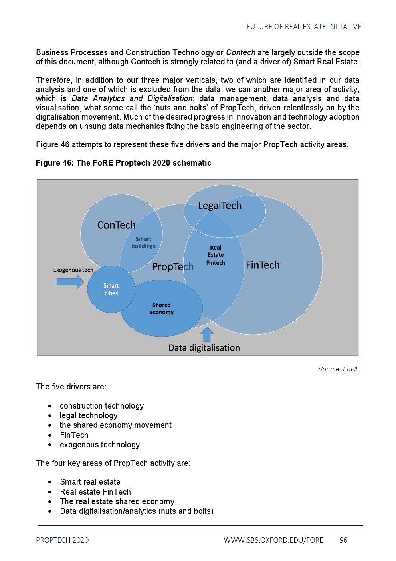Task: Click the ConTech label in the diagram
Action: pos(116,225)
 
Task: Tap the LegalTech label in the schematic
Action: pos(220,206)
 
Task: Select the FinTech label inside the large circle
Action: pos(262,265)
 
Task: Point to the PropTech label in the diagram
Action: pos(172,266)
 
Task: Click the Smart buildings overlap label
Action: pos(143,242)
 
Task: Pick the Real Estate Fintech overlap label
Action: pos(216,255)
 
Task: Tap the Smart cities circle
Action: pos(111,289)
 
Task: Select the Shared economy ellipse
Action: pos(162,309)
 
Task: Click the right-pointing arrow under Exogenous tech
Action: pos(70,282)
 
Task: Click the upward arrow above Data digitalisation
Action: pos(206,334)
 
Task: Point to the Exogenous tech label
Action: pos(73,270)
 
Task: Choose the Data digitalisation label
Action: pos(204,348)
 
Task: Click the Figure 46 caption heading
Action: pos(123,163)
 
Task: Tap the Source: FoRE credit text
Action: pos(339,369)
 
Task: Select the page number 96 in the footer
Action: pos(343,540)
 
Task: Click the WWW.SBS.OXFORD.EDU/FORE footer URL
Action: pos(273,540)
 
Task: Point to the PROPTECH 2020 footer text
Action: pos(62,540)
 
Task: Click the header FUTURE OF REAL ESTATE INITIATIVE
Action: pos(304,27)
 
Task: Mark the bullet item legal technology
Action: pos(89,416)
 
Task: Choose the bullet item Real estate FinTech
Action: pos(95,492)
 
